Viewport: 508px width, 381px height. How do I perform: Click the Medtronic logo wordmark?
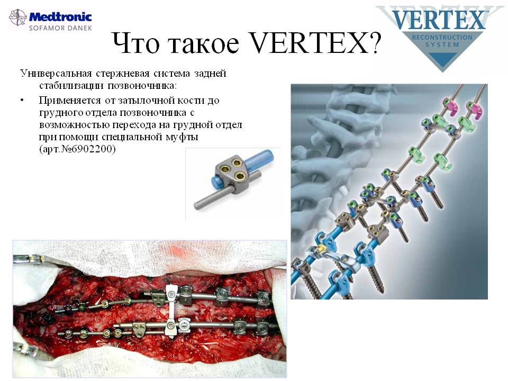coord(60,16)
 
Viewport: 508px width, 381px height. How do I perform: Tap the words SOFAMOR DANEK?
coord(60,28)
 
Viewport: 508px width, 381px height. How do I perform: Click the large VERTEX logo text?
coord(439,20)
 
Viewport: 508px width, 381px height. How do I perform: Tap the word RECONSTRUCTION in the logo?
coord(442,37)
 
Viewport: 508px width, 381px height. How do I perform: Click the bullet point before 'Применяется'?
coord(22,101)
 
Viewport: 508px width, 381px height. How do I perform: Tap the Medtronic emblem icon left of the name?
coord(18,17)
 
